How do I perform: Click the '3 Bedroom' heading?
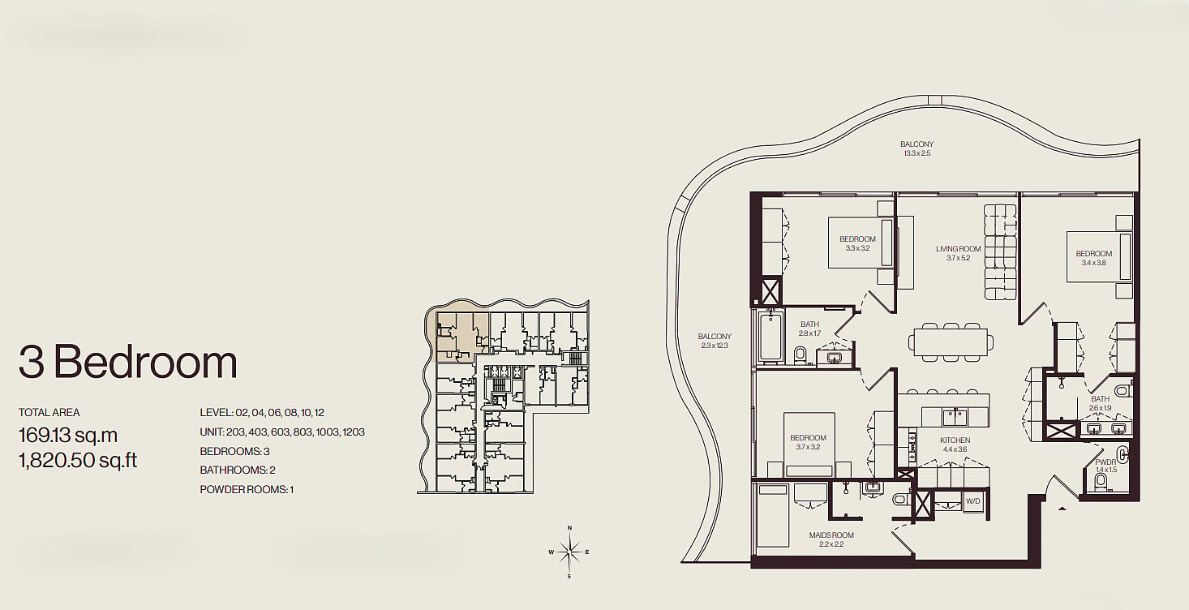(128, 362)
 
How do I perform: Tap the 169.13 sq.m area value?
(68, 436)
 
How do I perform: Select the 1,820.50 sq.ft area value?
(78, 460)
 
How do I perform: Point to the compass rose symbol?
(569, 552)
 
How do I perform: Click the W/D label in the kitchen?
(973, 501)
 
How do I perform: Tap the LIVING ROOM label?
(958, 248)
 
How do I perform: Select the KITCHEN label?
(955, 440)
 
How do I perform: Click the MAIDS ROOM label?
(831, 535)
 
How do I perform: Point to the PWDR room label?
(1105, 462)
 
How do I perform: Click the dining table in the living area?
(951, 342)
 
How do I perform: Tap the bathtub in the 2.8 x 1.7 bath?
(770, 337)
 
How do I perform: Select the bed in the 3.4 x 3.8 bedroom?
(1099, 257)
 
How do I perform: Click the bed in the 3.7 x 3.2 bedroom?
(809, 445)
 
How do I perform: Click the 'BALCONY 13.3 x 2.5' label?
(916, 148)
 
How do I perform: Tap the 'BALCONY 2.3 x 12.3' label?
(715, 341)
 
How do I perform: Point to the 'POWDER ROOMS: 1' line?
(247, 489)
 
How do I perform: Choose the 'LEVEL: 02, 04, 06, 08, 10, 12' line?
(262, 413)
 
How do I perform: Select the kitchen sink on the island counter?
(955, 417)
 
